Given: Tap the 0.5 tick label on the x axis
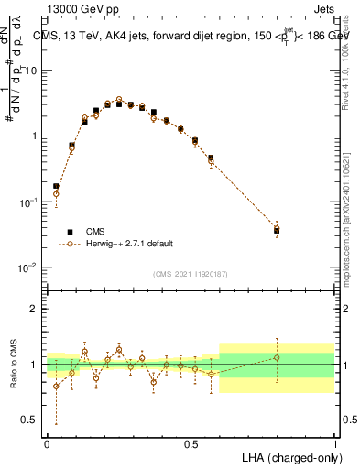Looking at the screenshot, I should pos(191,442).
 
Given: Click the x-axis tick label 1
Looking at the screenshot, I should pos(335,442).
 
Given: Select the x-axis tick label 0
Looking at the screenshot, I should pos(47,442).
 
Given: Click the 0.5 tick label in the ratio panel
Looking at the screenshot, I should pos(31,420).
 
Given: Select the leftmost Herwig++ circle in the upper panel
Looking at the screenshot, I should pos(56,194).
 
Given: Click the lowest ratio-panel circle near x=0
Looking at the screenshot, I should pos(56,386).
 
